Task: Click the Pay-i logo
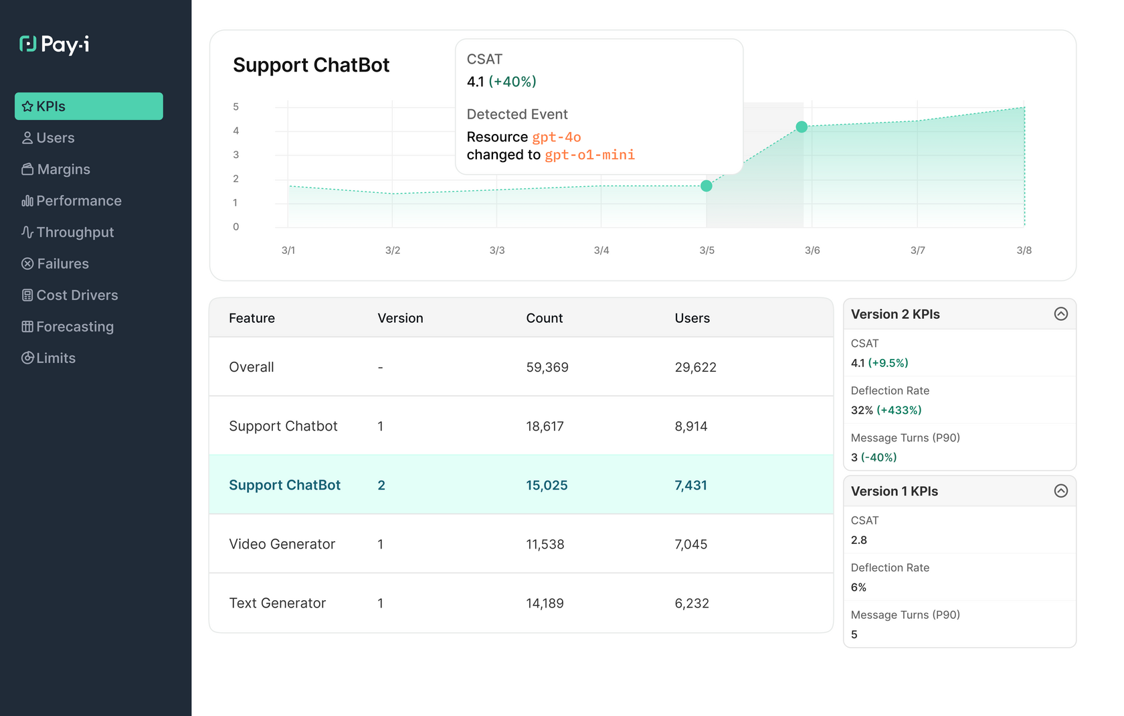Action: click(54, 44)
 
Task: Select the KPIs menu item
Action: click(88, 106)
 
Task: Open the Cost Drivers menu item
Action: click(77, 295)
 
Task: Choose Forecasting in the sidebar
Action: click(74, 327)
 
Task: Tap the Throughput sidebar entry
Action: click(74, 232)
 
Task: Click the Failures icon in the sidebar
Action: click(27, 264)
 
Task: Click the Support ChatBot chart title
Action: click(311, 65)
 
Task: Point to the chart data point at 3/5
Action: click(707, 186)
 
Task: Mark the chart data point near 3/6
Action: click(802, 127)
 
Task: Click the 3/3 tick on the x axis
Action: click(497, 250)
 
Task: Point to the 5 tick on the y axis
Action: click(236, 106)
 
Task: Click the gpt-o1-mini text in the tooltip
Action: click(589, 155)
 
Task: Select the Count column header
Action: click(544, 318)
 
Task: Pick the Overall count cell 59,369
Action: click(547, 367)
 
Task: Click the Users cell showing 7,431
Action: click(690, 485)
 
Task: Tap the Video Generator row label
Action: click(282, 544)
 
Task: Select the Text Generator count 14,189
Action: click(545, 603)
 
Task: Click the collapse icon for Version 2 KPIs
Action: click(1060, 314)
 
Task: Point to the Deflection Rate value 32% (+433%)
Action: click(886, 410)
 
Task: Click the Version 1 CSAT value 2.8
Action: click(858, 540)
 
